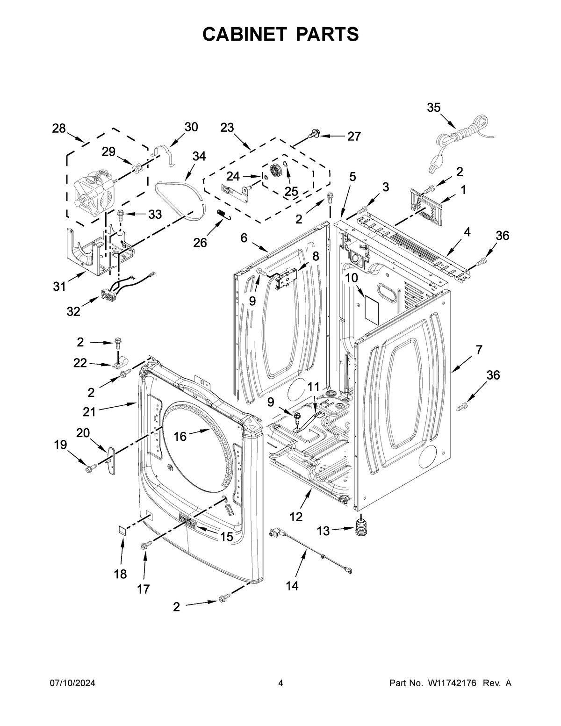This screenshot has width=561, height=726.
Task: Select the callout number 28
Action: (x=59, y=129)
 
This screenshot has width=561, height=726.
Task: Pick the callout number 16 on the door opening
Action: (x=180, y=437)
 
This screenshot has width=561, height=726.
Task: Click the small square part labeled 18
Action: (x=122, y=529)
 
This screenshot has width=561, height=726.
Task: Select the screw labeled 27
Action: (x=313, y=136)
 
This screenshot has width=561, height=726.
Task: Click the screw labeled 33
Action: (x=120, y=216)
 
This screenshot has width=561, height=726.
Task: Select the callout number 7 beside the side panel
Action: (x=478, y=350)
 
